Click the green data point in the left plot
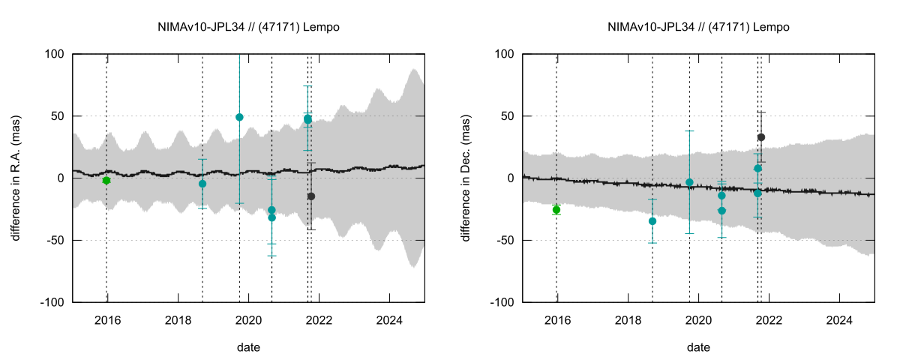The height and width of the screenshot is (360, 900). [x=106, y=181]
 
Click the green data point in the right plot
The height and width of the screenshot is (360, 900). [x=556, y=210]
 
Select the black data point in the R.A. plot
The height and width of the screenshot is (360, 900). [x=311, y=196]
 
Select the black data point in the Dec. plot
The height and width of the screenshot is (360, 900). [x=761, y=137]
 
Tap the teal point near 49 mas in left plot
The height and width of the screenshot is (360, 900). [x=239, y=117]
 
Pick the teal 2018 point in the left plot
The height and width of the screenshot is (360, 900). [x=202, y=184]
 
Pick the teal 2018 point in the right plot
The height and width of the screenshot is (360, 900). [x=652, y=221]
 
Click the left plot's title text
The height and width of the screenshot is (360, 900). [x=248, y=27]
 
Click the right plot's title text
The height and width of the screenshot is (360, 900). [x=698, y=27]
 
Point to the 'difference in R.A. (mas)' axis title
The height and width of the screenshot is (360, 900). [x=16, y=178]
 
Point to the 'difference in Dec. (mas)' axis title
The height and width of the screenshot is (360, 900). [x=466, y=178]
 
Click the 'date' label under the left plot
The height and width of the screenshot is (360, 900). [x=248, y=347]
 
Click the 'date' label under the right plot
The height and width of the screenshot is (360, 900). [x=698, y=347]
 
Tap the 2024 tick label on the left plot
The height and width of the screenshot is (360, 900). [x=388, y=319]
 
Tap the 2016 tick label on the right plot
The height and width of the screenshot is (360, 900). [x=556, y=319]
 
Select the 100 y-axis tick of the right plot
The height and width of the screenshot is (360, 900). [x=502, y=54]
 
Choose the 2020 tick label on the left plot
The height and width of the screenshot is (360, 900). [x=248, y=319]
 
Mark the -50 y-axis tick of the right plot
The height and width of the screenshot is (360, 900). [x=503, y=240]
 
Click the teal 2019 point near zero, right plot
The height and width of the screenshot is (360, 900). [x=689, y=182]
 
